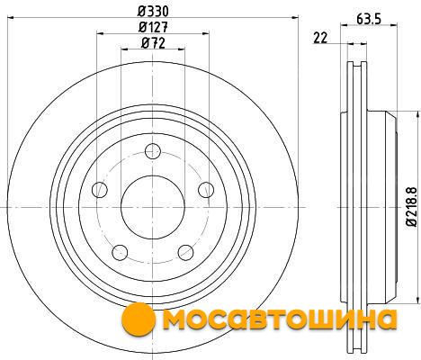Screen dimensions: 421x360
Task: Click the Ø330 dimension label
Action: [153, 12]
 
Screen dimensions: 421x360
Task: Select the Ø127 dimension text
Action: [153, 27]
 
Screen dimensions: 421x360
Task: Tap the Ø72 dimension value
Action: [153, 43]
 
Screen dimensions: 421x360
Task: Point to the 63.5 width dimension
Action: [369, 19]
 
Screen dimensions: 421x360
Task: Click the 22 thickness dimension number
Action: [320, 38]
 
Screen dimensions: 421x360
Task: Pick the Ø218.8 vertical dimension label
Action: [411, 207]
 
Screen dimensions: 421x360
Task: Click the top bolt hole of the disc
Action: [153, 151]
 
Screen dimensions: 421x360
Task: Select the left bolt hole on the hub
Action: [100, 189]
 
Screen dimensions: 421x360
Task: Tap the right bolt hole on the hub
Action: [206, 190]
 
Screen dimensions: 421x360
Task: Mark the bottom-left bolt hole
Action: [120, 253]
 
